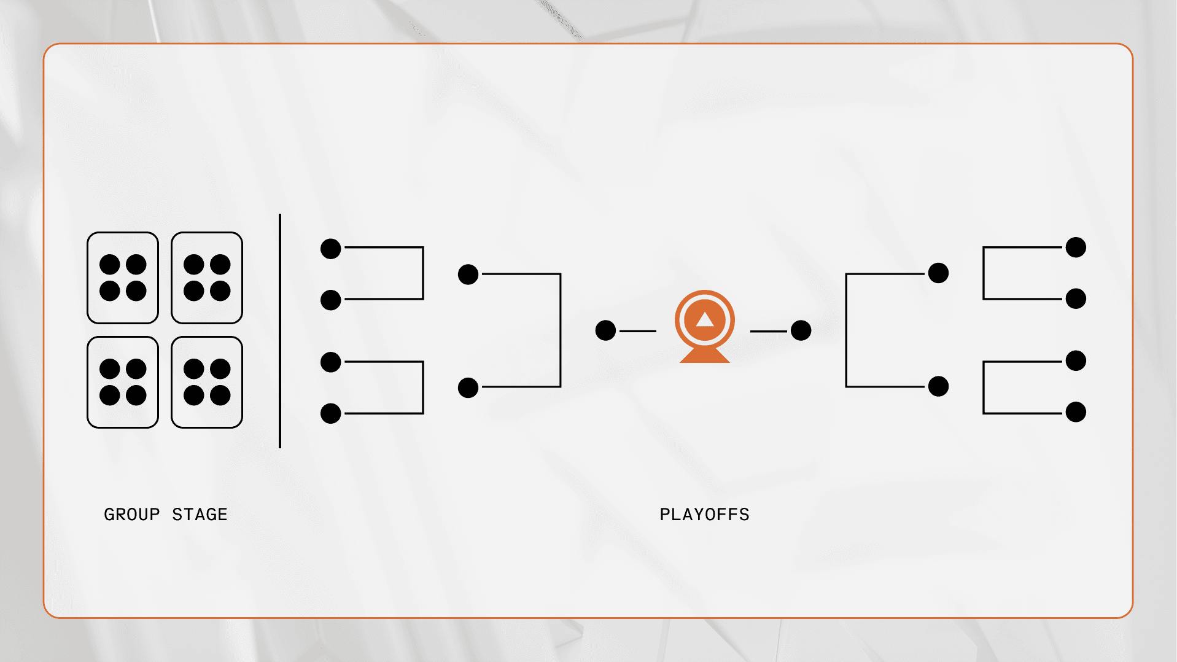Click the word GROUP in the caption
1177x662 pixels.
[131, 515]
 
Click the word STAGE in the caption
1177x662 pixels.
[200, 515]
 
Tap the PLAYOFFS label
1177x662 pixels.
[704, 515]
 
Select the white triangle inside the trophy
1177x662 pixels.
[705, 319]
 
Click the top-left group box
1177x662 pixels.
[123, 278]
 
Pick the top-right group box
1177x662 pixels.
[207, 278]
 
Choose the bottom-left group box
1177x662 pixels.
[123, 382]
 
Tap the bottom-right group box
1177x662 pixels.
[207, 382]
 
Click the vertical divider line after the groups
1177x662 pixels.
[280, 331]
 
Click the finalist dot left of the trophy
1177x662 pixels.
[605, 330]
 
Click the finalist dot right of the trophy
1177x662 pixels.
[801, 330]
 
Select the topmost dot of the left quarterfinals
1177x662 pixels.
[331, 249]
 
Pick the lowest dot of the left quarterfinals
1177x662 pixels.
[331, 413]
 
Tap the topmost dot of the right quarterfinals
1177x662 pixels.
[1076, 247]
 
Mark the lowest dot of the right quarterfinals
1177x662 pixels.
[1076, 411]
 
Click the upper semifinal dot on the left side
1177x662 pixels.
[468, 275]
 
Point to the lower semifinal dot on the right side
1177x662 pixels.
[938, 386]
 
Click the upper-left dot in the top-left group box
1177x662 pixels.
[110, 265]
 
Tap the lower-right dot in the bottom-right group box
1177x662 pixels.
[220, 395]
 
